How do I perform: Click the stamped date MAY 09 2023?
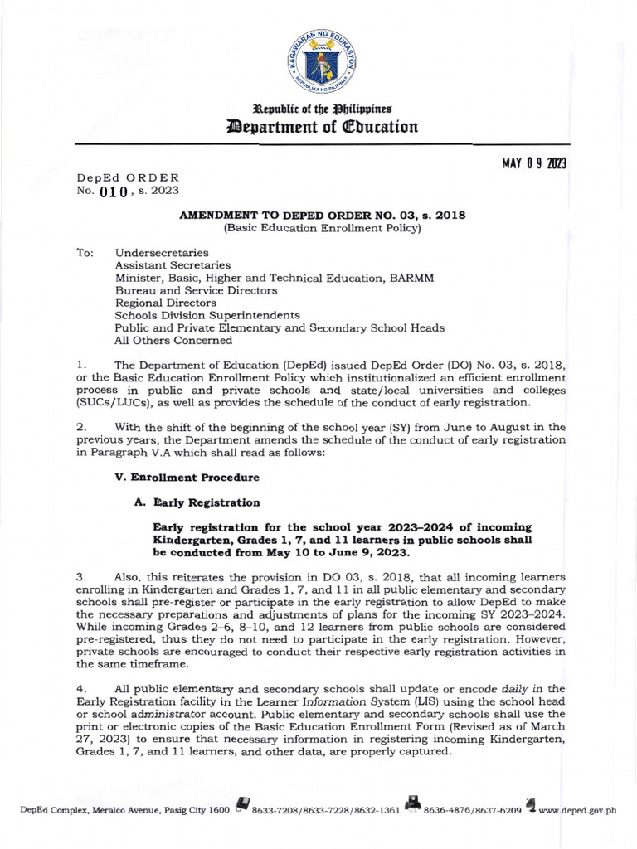click(533, 163)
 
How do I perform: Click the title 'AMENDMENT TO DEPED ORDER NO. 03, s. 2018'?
click(323, 215)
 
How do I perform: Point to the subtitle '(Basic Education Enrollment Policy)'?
click(323, 228)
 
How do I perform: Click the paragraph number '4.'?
click(81, 688)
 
